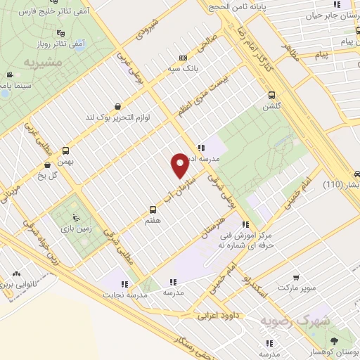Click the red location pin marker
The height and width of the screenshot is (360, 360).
coord(181,165)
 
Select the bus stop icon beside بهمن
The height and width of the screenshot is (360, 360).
coord(66,150)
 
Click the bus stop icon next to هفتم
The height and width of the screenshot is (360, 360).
coord(153,210)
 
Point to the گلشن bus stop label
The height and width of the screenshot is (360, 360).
coord(271,107)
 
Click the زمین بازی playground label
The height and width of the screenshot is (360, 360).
coord(71,229)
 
